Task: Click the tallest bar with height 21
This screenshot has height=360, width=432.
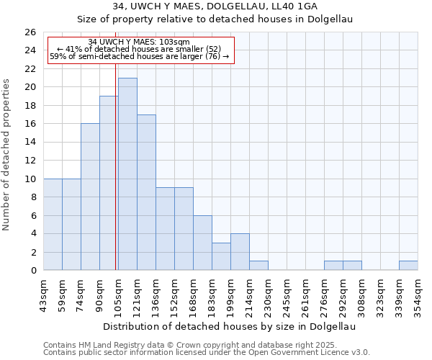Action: (x=127, y=174)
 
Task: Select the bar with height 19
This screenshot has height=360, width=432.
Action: (x=109, y=183)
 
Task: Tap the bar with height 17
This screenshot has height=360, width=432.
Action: (x=146, y=192)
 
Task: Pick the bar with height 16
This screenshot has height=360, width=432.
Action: (x=90, y=197)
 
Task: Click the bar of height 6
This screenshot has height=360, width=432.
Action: (x=202, y=243)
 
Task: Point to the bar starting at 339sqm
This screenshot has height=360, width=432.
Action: (x=408, y=266)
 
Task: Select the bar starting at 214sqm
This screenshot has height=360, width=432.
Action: (x=258, y=266)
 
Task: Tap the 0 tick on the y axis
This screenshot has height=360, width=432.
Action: (x=32, y=271)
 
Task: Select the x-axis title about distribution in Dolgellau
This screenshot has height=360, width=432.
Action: (x=230, y=326)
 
